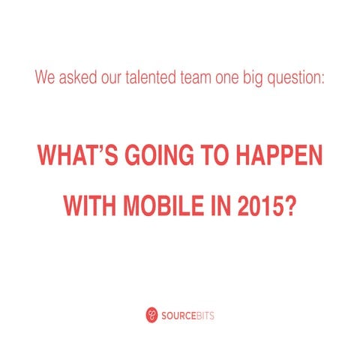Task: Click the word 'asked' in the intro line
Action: pyautogui.click(x=71, y=76)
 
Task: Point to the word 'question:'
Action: pyautogui.click(x=298, y=76)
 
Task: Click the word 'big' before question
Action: pyautogui.click(x=259, y=76)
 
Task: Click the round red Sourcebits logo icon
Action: pyautogui.click(x=152, y=316)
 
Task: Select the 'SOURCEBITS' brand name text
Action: pyautogui.click(x=188, y=316)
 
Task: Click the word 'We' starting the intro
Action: pyautogui.click(x=43, y=76)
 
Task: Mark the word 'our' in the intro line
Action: pyautogui.click(x=106, y=76)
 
